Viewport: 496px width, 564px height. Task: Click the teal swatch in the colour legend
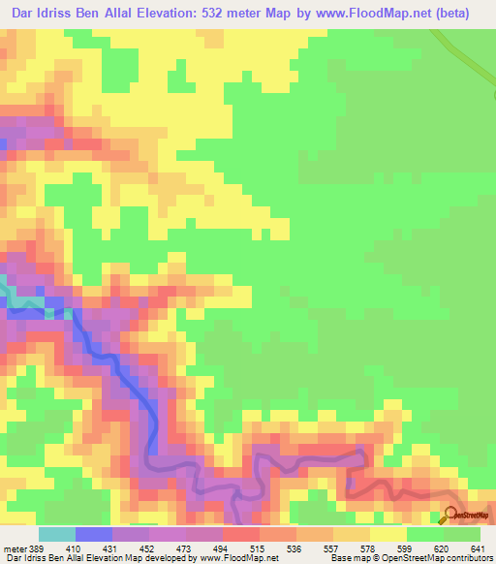coord(56,534)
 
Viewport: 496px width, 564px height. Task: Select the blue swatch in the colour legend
coord(93,534)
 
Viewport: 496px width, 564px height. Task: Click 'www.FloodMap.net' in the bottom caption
coord(235,558)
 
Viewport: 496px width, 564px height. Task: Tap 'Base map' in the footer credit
coord(343,558)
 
